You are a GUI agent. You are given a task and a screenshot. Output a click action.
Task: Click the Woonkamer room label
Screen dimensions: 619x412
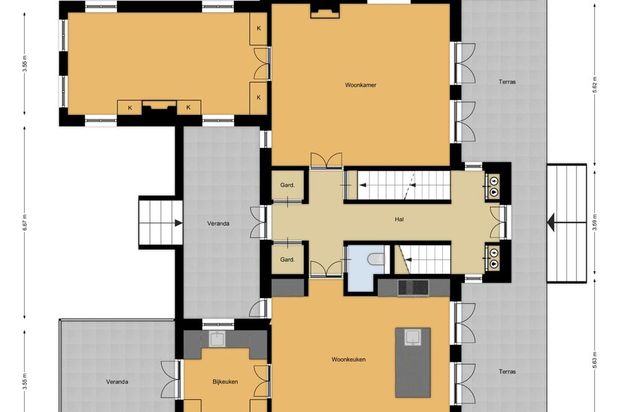pos(360,84)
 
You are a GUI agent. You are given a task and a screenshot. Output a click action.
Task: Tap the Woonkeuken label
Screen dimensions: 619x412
pos(349,360)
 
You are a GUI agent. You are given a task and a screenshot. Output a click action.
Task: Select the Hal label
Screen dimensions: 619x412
pos(399,220)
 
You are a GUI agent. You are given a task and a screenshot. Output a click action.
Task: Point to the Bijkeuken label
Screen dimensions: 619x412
pos(225,382)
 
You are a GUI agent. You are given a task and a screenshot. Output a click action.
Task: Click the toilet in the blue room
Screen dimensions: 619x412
pos(376,259)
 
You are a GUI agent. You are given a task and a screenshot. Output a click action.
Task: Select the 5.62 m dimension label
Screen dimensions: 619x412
pos(595,84)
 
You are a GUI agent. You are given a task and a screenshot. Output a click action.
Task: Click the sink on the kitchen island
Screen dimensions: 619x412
pos(413,337)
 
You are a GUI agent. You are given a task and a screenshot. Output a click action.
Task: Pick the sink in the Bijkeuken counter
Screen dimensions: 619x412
pos(217,339)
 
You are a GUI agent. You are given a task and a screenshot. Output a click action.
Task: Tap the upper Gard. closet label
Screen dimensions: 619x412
pos(287,185)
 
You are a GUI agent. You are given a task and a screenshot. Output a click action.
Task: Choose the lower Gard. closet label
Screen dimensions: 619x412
pos(287,260)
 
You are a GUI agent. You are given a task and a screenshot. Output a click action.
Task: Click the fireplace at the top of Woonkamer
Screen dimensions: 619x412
pos(325,12)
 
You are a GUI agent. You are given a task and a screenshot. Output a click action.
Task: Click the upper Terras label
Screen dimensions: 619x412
pos(507,82)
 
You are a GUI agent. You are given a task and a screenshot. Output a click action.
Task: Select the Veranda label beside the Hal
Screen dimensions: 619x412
pos(218,224)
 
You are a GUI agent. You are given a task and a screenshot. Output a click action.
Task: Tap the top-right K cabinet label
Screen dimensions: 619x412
pos(259,28)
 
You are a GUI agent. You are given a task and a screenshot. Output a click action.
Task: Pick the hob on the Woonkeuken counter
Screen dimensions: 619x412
pos(413,288)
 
